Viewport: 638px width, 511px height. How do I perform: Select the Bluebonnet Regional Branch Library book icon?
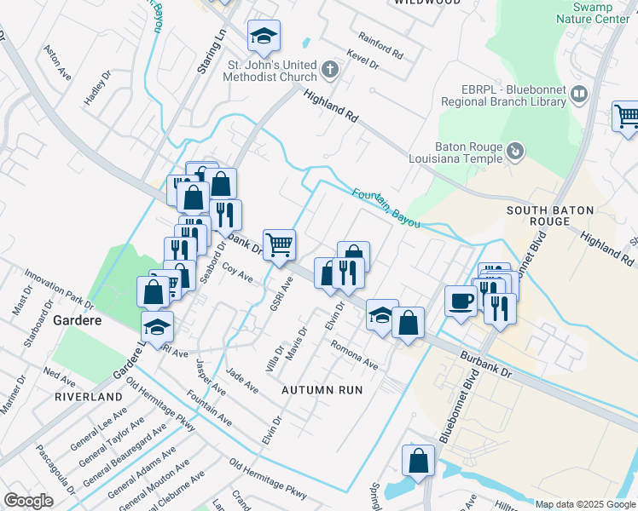coord(579,94)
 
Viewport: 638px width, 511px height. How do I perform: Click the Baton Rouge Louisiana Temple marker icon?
coord(515,152)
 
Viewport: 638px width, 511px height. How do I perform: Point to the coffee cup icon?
coord(461,301)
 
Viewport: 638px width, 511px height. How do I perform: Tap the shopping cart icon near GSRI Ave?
coord(279,245)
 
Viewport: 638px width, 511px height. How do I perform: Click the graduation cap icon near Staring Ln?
coord(264,36)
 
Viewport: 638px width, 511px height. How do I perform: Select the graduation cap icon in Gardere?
coord(157,326)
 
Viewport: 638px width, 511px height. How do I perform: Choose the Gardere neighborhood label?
coord(78,321)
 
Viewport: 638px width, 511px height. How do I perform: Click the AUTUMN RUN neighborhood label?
coord(322,389)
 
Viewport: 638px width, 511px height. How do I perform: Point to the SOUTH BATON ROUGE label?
coord(537,215)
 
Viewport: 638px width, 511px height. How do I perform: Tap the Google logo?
coord(28,500)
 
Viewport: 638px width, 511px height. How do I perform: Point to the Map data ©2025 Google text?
coord(585,503)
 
